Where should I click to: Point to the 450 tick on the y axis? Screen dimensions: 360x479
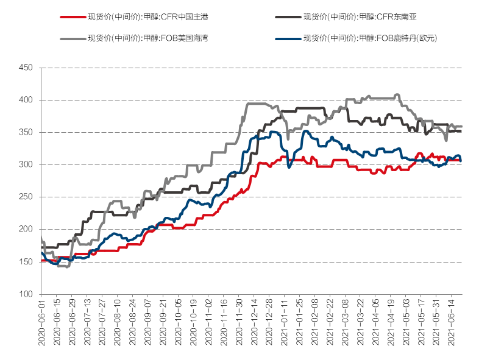tap(26, 68)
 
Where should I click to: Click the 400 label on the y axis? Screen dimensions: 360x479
tap(26, 100)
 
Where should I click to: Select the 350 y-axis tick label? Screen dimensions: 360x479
tap(26, 132)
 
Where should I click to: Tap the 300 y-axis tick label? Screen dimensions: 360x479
tap(26, 164)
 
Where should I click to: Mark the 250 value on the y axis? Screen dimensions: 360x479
tap(26, 197)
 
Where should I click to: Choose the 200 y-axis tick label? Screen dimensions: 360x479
tap(26, 229)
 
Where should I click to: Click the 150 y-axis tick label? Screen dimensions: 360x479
tap(26, 262)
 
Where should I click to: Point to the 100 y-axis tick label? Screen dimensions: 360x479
tap(26, 294)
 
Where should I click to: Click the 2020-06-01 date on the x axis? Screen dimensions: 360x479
tap(41, 323)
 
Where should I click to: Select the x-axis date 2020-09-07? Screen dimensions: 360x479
tap(147, 323)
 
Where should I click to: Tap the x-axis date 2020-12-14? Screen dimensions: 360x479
tap(254, 323)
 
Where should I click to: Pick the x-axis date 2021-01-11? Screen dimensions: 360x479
tap(284, 323)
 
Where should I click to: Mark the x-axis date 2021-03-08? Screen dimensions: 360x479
tap(345, 323)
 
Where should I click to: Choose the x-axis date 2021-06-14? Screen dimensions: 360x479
tap(451, 323)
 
